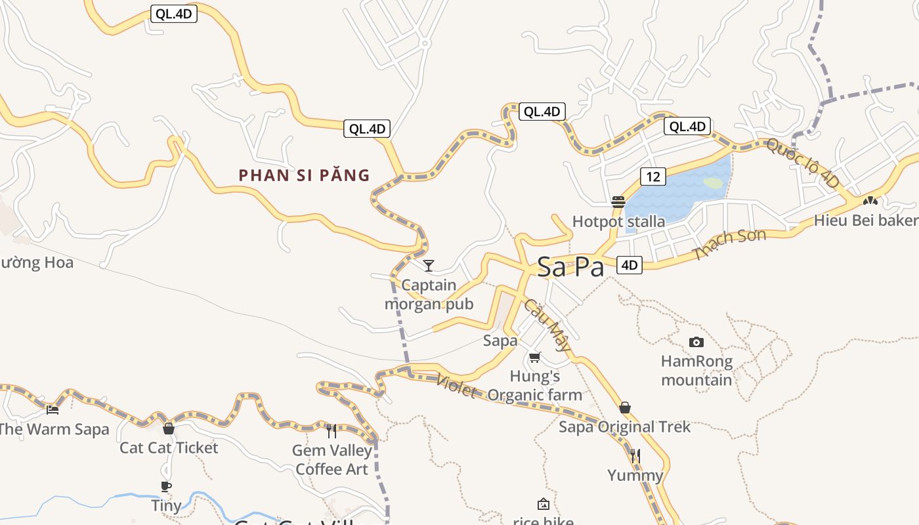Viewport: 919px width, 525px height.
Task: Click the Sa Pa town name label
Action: tap(570, 267)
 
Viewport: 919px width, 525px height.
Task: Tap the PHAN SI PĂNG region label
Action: tap(304, 175)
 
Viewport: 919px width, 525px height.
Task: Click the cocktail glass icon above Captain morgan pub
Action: tap(429, 265)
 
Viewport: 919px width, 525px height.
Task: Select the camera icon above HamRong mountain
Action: tap(696, 342)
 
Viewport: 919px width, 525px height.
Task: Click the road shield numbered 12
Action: tap(652, 177)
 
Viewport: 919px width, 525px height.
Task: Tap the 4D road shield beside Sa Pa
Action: tap(629, 265)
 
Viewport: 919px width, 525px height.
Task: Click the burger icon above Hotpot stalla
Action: tap(618, 201)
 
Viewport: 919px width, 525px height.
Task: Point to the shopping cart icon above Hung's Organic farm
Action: tap(535, 358)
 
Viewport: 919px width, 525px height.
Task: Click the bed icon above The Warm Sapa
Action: tap(53, 409)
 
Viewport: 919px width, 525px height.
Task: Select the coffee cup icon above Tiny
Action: tap(166, 486)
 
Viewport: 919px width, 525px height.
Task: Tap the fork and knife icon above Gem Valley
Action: tap(331, 430)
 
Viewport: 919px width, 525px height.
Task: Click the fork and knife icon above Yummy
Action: tap(635, 455)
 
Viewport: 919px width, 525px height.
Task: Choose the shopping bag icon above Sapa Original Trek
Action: tap(625, 408)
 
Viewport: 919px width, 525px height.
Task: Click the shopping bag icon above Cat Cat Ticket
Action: tap(169, 429)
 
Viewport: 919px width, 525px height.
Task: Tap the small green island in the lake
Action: tap(714, 184)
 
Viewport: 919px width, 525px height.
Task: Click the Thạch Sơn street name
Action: tap(729, 244)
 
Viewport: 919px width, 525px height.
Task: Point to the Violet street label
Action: tap(456, 386)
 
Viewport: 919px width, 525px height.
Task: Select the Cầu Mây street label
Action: tap(546, 326)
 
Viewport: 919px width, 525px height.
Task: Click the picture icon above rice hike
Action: tap(543, 504)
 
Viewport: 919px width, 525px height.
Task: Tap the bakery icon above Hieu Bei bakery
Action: tap(870, 201)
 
